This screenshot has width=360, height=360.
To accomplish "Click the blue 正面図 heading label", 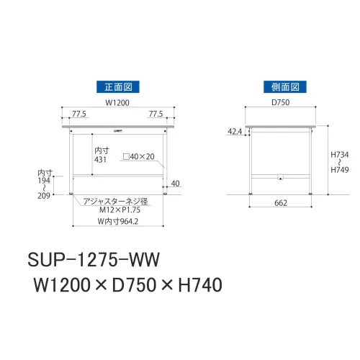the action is coord(118,87).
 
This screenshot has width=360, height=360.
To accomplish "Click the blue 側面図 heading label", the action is coord(285,87).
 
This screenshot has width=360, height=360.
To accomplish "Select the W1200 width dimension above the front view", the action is coord(117,103).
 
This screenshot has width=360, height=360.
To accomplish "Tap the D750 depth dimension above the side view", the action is coord(280,102).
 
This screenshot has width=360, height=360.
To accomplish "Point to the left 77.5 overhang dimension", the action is coord(79,114).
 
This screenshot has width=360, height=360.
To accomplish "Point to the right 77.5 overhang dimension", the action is coord(156,114).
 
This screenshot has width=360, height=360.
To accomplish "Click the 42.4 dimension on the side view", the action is coord(235,132).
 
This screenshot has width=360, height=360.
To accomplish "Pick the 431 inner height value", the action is coord(100,160).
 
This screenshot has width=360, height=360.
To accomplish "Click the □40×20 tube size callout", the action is coord(139,157).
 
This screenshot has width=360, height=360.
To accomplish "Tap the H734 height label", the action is coord(340,155).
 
